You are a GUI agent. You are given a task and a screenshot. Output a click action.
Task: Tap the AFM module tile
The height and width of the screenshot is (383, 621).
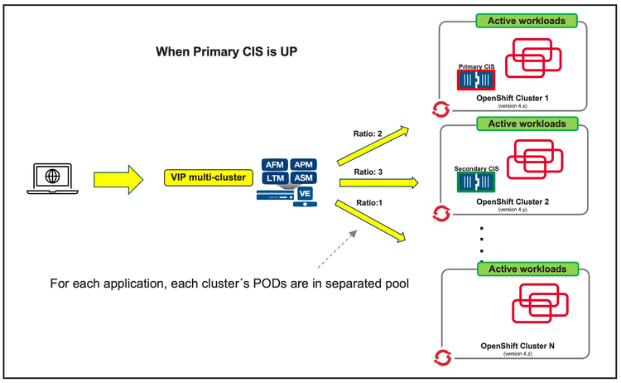click(275, 164)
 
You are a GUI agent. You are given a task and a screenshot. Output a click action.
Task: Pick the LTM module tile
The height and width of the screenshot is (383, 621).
click(275, 178)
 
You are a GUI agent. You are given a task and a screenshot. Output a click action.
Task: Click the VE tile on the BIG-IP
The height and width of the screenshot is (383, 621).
click(306, 194)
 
